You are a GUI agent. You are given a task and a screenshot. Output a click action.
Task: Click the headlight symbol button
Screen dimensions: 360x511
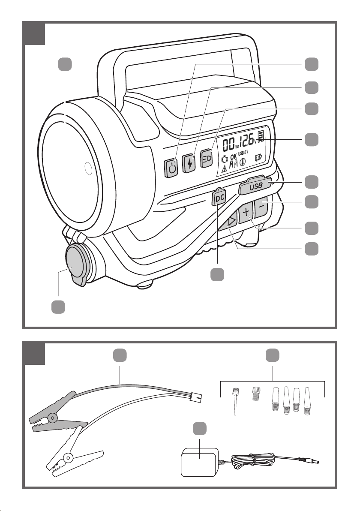207,158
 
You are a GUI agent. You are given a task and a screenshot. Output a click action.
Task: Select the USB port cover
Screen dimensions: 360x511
255,186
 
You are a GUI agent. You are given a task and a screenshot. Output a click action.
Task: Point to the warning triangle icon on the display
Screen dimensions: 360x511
224,168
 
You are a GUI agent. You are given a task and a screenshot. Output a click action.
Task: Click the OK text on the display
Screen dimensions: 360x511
233,157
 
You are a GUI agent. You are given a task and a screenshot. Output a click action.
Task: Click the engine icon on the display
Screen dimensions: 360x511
224,159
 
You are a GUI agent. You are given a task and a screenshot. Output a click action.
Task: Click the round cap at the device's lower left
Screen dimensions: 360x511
75,264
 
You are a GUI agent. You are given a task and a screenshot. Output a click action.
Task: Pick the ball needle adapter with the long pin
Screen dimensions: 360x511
234,400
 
